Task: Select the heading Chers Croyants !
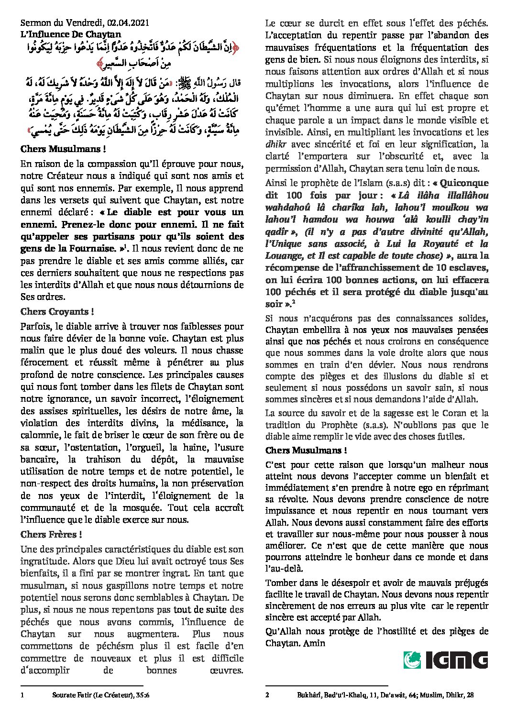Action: coord(57,311)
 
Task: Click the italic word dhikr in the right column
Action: coord(275,144)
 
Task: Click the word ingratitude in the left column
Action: coord(44,560)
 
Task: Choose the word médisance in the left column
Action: coord(210,423)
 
